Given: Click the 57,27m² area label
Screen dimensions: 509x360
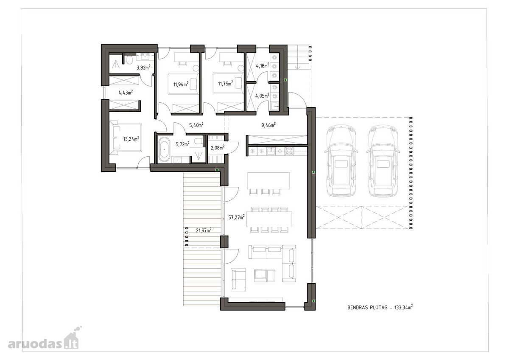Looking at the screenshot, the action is [236, 217].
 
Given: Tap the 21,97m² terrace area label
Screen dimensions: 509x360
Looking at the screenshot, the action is [204, 230].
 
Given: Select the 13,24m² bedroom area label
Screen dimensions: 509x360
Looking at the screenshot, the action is [131, 139].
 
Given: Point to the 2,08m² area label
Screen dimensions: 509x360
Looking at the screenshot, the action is [218, 148].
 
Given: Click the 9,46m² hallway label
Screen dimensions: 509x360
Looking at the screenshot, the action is [268, 125].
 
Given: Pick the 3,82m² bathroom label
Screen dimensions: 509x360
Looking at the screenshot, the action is [143, 67].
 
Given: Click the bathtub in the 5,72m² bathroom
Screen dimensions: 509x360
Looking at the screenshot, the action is [164, 149].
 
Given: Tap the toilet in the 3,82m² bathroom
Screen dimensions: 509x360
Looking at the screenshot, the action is [129, 60].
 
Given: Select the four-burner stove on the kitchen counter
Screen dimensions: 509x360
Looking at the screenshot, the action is [289, 151].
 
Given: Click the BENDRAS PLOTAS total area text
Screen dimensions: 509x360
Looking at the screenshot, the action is [380, 307].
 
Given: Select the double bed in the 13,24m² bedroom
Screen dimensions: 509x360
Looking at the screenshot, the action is [126, 138].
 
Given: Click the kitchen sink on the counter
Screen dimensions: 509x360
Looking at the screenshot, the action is [271, 151].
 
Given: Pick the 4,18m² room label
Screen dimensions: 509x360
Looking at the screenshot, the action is [263, 66].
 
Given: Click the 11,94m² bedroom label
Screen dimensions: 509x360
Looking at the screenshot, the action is [181, 84].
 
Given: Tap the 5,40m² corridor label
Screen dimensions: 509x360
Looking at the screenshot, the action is [196, 125].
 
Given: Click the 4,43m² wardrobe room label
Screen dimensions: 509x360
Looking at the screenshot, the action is [126, 93].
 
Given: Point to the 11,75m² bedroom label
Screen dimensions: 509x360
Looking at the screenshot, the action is [225, 84].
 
